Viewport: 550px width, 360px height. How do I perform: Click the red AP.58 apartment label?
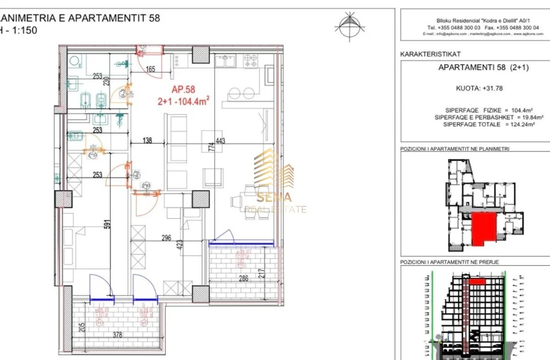pyautogui.click(x=184, y=89)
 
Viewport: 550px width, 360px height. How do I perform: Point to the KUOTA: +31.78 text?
pyautogui.click(x=475, y=89)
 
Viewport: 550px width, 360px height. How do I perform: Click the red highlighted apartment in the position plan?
pyautogui.click(x=485, y=228)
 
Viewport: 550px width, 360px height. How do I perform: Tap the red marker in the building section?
pyautogui.click(x=476, y=281)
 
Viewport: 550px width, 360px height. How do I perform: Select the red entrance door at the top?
pyautogui.click(x=141, y=48)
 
